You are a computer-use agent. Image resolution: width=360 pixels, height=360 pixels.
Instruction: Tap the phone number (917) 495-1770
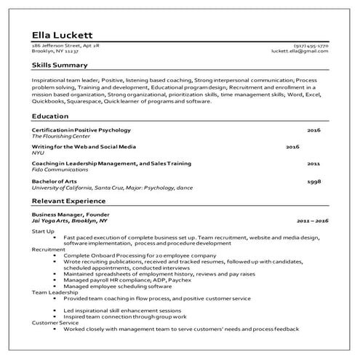tap(311, 47)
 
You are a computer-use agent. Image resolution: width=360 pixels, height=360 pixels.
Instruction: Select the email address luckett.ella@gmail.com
tap(300, 52)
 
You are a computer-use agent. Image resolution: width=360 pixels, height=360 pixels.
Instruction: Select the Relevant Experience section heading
tap(69, 201)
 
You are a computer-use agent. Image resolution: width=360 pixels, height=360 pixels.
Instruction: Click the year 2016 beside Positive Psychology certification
tap(313, 130)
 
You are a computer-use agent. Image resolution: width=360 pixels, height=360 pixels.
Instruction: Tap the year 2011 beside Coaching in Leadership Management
tap(313, 164)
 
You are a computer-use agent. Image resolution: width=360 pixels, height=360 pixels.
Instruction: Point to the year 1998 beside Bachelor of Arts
tap(313, 181)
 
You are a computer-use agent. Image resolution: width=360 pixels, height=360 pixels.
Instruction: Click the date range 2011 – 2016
tap(313, 220)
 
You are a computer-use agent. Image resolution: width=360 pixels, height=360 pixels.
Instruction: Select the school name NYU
tap(39, 153)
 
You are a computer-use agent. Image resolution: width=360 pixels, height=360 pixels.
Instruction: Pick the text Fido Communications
tap(56, 170)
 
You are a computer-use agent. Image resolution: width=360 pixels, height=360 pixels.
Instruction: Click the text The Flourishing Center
tap(60, 136)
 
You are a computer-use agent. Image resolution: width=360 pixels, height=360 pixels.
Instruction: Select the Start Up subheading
tap(44, 231)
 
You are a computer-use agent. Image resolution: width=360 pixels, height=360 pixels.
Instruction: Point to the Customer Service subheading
tap(54, 323)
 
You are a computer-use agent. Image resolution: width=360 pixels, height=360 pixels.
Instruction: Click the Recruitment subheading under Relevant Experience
tap(49, 248)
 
